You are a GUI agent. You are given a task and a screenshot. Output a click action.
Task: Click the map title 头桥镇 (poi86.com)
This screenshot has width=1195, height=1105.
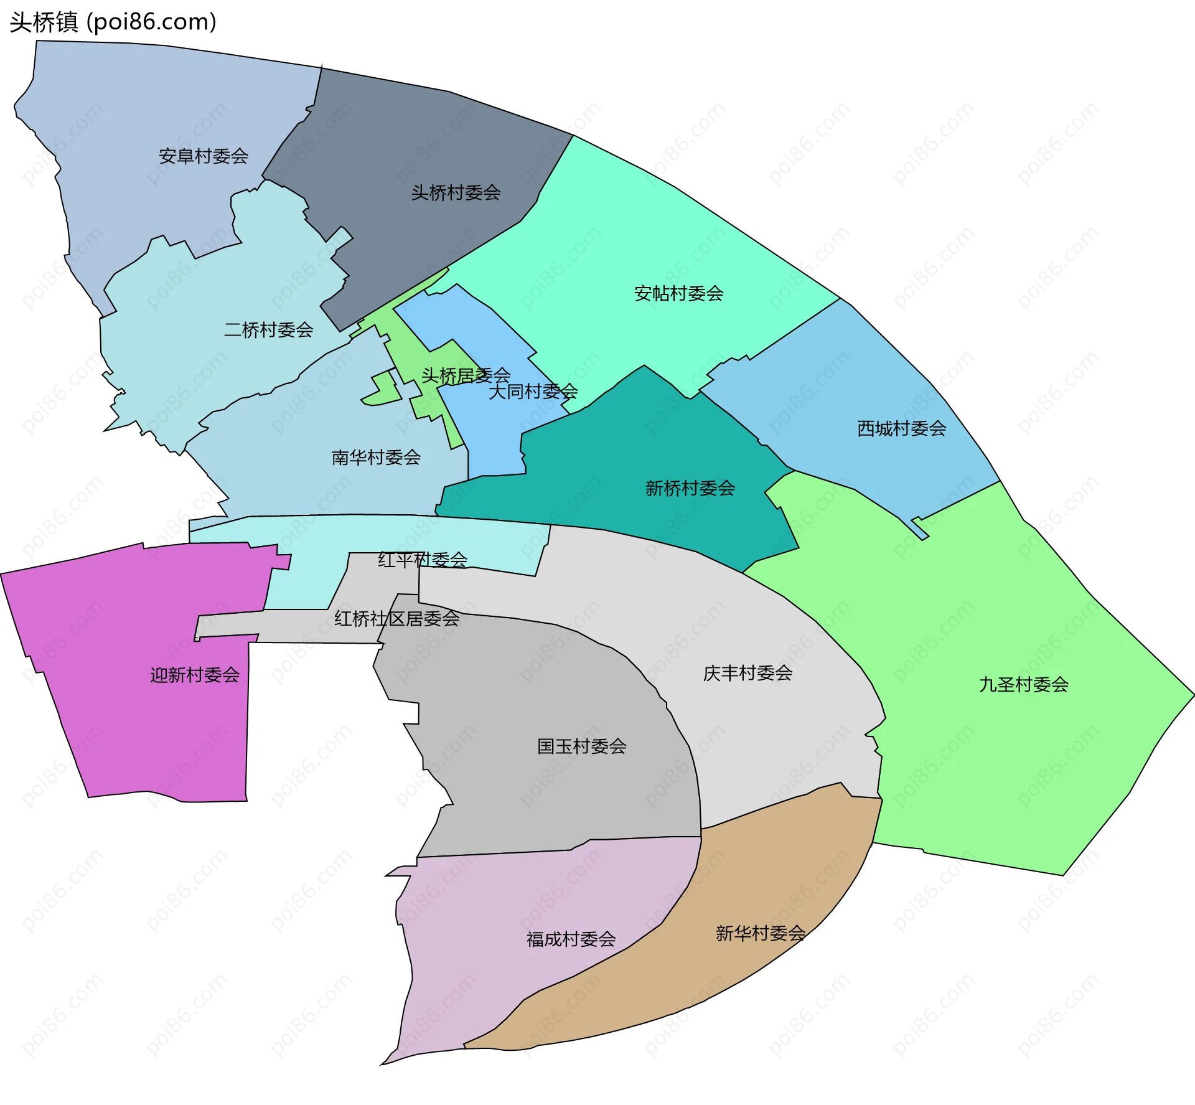[113, 22]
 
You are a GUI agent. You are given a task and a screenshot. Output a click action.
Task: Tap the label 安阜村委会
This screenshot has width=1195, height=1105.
[204, 156]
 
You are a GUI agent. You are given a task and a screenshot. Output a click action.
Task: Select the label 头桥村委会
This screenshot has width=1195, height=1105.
[456, 193]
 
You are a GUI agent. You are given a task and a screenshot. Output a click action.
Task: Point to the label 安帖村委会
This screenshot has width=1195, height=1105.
[678, 294]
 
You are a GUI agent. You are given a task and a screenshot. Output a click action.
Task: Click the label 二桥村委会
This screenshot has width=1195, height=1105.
[268, 330]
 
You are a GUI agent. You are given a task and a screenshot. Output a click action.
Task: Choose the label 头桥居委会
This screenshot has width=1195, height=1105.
[466, 375]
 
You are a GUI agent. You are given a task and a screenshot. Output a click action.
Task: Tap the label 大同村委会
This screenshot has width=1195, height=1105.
[533, 392]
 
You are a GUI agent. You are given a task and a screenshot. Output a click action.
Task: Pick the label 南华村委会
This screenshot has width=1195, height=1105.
[376, 458]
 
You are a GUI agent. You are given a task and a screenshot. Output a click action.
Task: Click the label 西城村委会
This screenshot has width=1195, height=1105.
[901, 428]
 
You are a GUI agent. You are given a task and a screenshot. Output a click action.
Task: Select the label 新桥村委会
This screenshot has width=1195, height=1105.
[690, 488]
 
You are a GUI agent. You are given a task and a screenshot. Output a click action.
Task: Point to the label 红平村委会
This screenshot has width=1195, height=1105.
[423, 560]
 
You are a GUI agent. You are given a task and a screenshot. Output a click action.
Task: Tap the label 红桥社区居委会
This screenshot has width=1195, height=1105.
[396, 618]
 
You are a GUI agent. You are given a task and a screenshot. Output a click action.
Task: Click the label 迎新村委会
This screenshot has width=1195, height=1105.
[195, 675]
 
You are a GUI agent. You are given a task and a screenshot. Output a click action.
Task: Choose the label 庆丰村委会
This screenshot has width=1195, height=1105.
[747, 673]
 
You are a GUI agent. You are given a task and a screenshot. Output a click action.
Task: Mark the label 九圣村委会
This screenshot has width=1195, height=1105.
[1024, 685]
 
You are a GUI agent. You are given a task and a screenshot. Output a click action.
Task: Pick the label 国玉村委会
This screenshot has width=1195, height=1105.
[581, 746]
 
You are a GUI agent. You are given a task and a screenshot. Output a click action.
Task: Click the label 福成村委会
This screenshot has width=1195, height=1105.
[571, 939]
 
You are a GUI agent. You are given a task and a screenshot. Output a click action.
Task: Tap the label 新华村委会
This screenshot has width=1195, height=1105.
[760, 933]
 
